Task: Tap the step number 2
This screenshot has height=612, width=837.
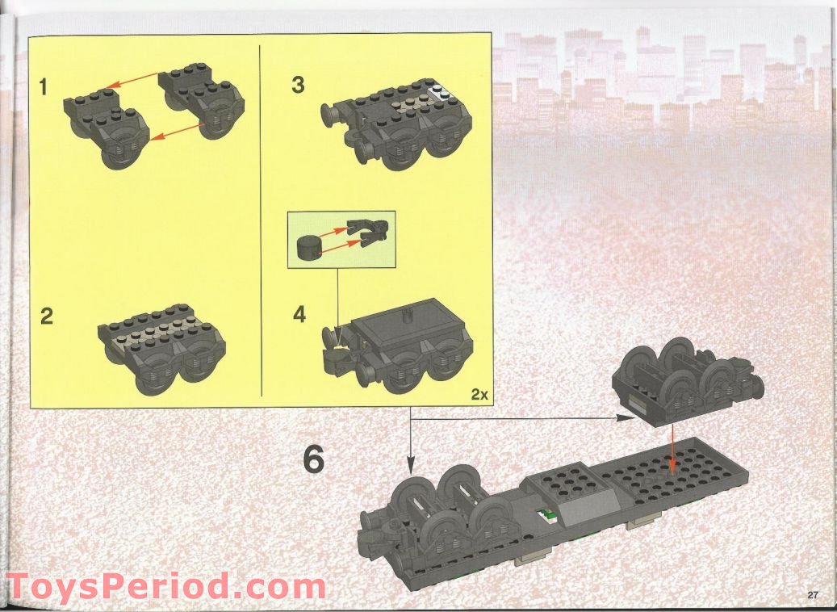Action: (x=48, y=315)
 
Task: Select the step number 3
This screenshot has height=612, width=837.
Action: (x=299, y=85)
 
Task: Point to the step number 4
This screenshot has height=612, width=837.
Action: (x=299, y=314)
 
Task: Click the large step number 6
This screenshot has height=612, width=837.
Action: (x=313, y=459)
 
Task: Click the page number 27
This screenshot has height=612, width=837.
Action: (x=813, y=595)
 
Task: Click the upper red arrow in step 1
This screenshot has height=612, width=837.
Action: (x=135, y=78)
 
